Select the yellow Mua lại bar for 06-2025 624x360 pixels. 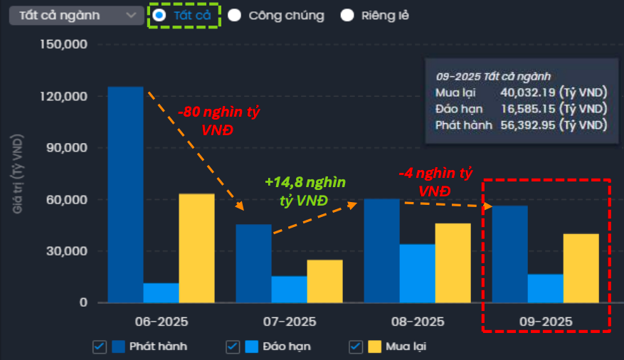pyautogui.click(x=196, y=248)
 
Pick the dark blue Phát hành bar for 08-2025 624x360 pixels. pyautogui.click(x=381, y=250)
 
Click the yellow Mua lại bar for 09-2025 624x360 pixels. pyautogui.click(x=581, y=268)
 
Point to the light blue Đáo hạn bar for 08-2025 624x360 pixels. pyautogui.click(x=417, y=273)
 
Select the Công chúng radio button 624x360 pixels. pyautogui.click(x=235, y=15)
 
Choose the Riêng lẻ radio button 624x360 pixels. pyautogui.click(x=347, y=15)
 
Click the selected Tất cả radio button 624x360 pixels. pyautogui.click(x=160, y=15)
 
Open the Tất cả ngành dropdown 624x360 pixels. pyautogui.click(x=76, y=15)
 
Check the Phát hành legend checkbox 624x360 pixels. pyautogui.click(x=99, y=346)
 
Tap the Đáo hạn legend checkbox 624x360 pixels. pyautogui.click(x=232, y=346)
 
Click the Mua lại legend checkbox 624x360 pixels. pyautogui.click(x=355, y=346)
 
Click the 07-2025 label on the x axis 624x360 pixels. pyautogui.click(x=289, y=321)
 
